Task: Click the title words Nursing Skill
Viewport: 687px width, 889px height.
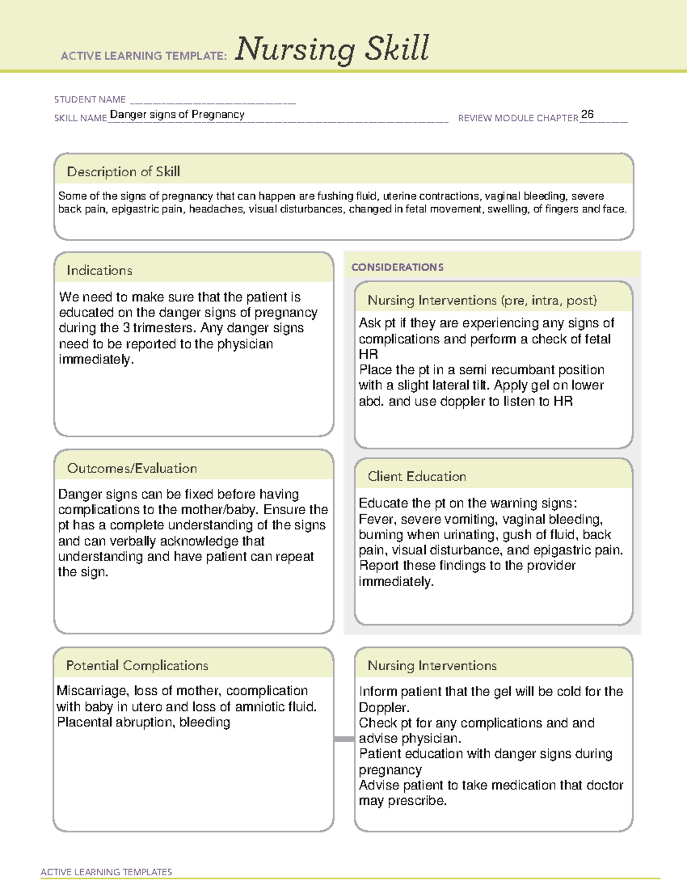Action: click(x=331, y=49)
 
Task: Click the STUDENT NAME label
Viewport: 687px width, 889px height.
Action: click(x=90, y=100)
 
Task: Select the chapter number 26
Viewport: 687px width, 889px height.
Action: click(x=587, y=114)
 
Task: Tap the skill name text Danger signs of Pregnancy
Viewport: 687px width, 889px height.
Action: click(x=177, y=114)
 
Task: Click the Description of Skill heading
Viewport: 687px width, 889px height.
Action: click(x=123, y=172)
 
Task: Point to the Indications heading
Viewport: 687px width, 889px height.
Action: click(x=99, y=270)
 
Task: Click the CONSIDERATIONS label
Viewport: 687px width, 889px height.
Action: click(x=397, y=267)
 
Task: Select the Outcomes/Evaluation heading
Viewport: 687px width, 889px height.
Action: click(x=132, y=468)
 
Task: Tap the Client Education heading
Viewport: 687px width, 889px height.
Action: click(x=417, y=476)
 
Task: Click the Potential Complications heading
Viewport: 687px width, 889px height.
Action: click(x=137, y=666)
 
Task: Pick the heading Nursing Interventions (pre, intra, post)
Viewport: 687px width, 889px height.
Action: click(x=482, y=301)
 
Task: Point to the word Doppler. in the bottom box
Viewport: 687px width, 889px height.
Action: click(x=384, y=708)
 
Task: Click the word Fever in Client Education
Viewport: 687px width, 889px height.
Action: click(x=376, y=519)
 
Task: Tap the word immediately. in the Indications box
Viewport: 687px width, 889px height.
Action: click(x=96, y=359)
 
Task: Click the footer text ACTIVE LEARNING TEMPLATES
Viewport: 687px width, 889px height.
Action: click(x=106, y=872)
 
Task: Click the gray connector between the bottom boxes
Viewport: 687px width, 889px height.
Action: click(x=343, y=739)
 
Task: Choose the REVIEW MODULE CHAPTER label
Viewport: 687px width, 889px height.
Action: click(x=518, y=118)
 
